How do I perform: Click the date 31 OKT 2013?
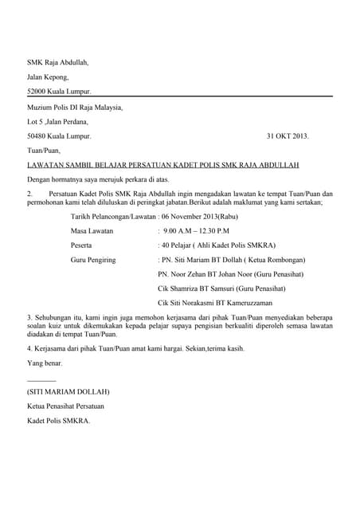click(287, 136)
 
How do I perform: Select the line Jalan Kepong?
click(48, 77)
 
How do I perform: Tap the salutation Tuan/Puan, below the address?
click(45, 151)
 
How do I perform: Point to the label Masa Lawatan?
click(92, 230)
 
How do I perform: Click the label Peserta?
click(82, 245)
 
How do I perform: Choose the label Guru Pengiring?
click(93, 260)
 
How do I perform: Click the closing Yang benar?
click(45, 363)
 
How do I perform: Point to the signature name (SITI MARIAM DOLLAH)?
click(68, 391)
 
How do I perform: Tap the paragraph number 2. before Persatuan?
click(30, 194)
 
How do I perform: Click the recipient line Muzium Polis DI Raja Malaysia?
click(75, 107)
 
